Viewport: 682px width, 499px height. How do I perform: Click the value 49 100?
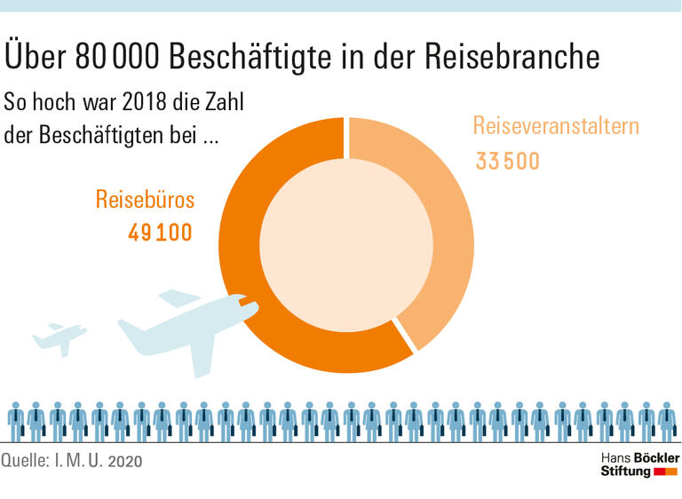click(x=160, y=233)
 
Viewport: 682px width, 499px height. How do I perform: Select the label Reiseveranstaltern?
click(x=555, y=126)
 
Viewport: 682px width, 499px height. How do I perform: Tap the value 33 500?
click(x=507, y=162)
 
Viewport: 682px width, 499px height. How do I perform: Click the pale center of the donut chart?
click(x=342, y=244)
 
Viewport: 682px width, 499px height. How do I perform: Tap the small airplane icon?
click(x=59, y=337)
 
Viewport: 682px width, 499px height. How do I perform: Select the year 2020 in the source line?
click(x=123, y=463)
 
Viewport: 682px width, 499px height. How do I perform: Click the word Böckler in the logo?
click(x=654, y=456)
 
